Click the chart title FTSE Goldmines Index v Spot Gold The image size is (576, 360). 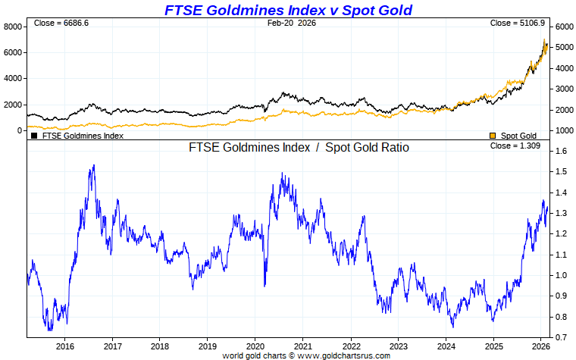(x=289, y=10)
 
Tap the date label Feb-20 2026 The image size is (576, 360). (x=292, y=23)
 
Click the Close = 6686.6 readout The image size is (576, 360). (x=61, y=23)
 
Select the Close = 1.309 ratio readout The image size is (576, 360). (x=515, y=146)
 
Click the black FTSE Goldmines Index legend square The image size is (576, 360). (x=34, y=136)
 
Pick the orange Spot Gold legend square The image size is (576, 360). (x=493, y=136)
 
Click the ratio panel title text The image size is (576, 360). (x=299, y=148)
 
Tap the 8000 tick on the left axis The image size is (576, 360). (x=14, y=27)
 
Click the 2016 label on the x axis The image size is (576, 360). (x=64, y=346)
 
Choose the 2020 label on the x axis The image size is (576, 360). (x=255, y=346)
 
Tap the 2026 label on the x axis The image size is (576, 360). (x=541, y=346)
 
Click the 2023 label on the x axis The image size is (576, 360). (x=398, y=346)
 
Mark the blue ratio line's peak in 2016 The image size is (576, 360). (x=93, y=165)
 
